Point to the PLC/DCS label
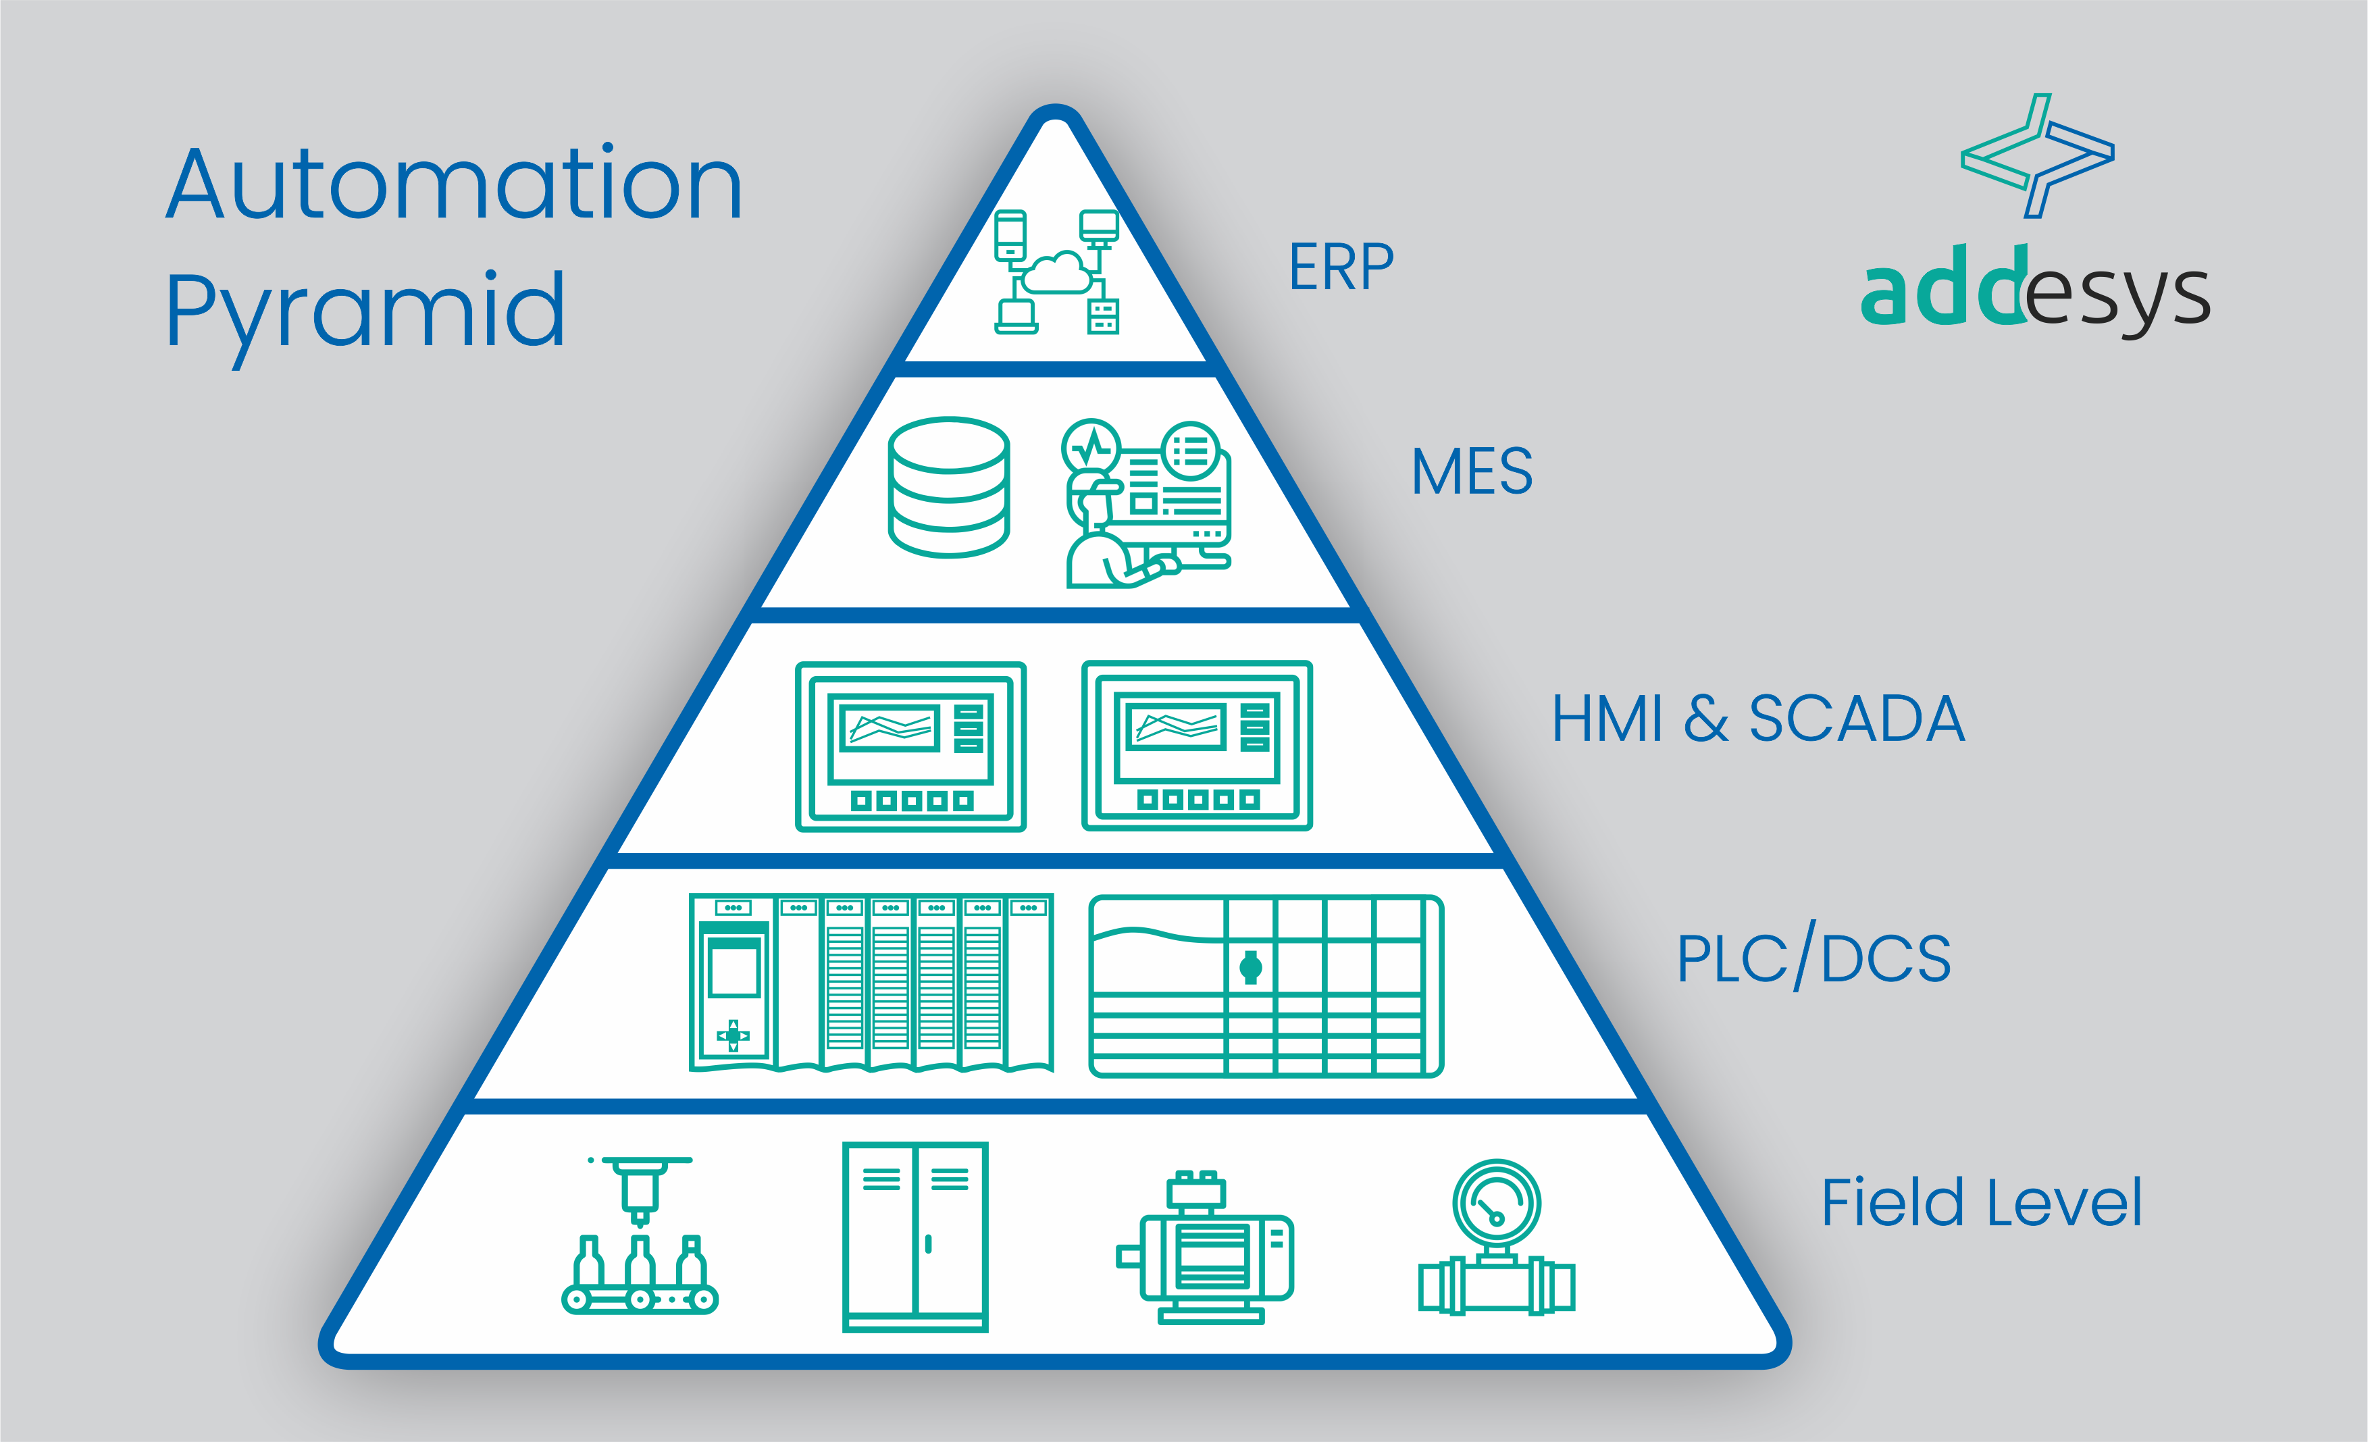1813,958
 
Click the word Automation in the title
454,184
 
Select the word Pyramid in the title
365,311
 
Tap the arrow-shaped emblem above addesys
2036,156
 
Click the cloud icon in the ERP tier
1057,272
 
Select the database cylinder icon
948,488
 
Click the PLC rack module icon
871,983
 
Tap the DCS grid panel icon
1266,985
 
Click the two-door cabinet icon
915,1236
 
